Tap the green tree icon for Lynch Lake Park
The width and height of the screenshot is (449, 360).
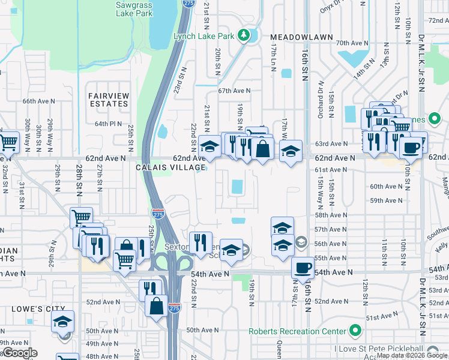pyautogui.click(x=244, y=36)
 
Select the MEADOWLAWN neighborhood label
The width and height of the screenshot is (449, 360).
pyautogui.click(x=301, y=37)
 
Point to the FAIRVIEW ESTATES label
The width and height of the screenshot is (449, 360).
pyautogui.click(x=108, y=100)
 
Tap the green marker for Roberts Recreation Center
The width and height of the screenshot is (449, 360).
pyautogui.click(x=355, y=331)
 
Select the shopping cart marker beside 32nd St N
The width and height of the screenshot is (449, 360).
pyautogui.click(x=8, y=142)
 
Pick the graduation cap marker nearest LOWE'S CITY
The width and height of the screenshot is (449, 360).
pyautogui.click(x=62, y=322)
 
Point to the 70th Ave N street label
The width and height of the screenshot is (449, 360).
pyautogui.click(x=351, y=43)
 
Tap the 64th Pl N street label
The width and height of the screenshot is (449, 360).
pyautogui.click(x=108, y=124)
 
